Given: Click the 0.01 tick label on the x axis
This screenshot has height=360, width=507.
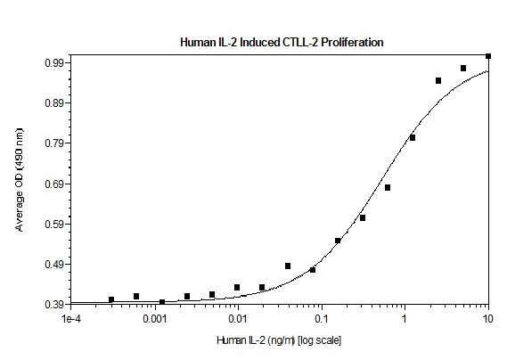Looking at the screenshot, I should point(238,318).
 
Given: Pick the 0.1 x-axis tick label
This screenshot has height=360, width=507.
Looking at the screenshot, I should point(322,318).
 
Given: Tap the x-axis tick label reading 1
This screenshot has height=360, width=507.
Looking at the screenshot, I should point(405,318).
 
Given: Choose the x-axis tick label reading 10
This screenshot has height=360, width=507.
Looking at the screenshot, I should point(487,318).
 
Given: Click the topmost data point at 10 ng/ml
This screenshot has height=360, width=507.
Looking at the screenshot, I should point(488,56).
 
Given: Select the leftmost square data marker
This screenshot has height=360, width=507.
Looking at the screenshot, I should point(111,299).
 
